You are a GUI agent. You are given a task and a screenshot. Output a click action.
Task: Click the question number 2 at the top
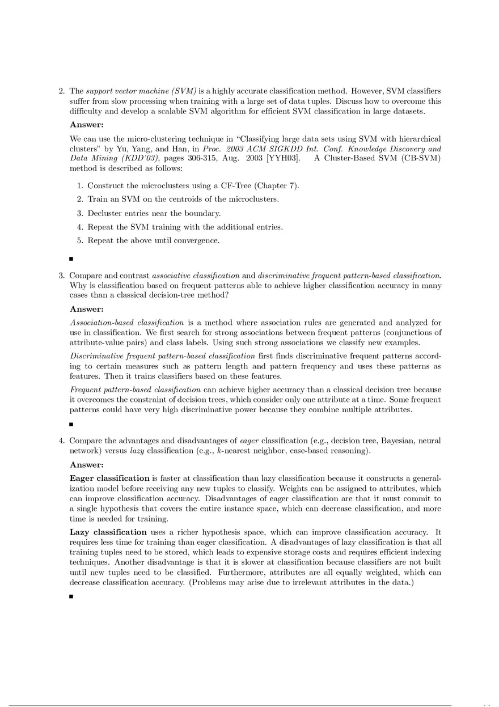click(61, 91)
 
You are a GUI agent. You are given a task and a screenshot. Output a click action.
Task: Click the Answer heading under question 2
click(86, 125)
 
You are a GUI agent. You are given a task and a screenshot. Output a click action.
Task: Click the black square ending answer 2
click(71, 259)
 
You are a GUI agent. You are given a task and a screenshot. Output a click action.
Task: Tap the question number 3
click(61, 276)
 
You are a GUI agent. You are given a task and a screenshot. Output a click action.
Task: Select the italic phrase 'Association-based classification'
click(126, 323)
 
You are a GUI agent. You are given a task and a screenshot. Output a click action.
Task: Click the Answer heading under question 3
click(86, 309)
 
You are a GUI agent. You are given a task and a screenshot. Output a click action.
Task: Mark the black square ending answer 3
click(71, 424)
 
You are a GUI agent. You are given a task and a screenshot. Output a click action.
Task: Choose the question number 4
click(61, 441)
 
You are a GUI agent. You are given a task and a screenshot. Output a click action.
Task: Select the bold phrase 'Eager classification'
click(109, 479)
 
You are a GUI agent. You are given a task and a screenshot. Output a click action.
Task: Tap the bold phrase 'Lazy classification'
click(108, 532)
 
